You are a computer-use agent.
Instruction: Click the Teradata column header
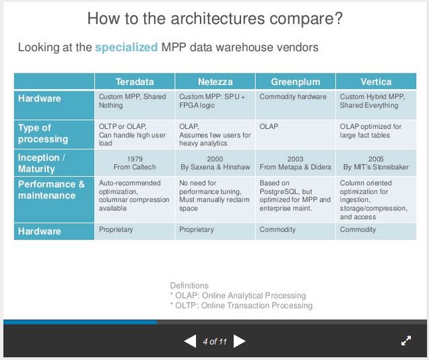[x=134, y=82]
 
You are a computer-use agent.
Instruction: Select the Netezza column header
[x=216, y=82]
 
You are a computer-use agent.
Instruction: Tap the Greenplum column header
[x=295, y=82]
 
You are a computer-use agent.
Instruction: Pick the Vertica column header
[x=376, y=82]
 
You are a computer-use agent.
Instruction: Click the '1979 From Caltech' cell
[x=134, y=162]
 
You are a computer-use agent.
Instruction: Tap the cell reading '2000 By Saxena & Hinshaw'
[x=216, y=162]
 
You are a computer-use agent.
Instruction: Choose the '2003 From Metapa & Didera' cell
[x=295, y=162]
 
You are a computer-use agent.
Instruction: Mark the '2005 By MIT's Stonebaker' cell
[x=376, y=162]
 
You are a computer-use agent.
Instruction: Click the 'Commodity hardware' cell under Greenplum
[x=293, y=97]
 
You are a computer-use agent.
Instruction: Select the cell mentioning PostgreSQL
[x=295, y=196]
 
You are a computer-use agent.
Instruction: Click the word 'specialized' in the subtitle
[x=127, y=47]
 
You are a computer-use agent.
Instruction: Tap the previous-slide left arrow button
[x=190, y=341]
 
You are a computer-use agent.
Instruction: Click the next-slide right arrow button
[x=239, y=341]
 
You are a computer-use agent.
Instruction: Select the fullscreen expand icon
[x=406, y=341]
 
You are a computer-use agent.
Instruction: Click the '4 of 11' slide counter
[x=215, y=342]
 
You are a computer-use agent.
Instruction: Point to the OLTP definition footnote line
[x=241, y=305]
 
